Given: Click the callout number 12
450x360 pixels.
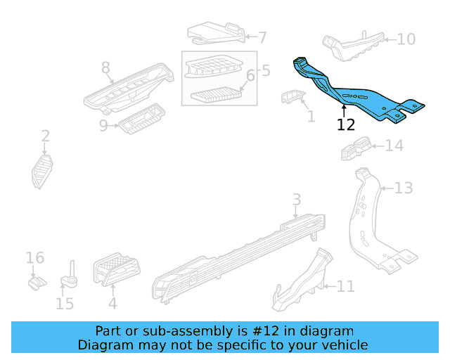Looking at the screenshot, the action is pos(346,125).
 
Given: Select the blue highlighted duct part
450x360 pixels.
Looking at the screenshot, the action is pos(352,95).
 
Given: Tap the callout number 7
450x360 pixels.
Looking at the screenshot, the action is pos(262,38).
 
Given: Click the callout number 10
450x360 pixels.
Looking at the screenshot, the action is pos(406,39).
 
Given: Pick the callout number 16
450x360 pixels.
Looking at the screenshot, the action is pos(35,258).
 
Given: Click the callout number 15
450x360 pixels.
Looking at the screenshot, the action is pos(65,304).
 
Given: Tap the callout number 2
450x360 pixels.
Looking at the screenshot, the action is pos(45,136).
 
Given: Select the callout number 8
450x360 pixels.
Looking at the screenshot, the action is pos(105,67).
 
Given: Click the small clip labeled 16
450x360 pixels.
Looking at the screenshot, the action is pos(34,283).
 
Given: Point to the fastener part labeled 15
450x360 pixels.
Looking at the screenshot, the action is pos(70,278).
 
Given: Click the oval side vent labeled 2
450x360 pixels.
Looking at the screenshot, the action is pos(41,171).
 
